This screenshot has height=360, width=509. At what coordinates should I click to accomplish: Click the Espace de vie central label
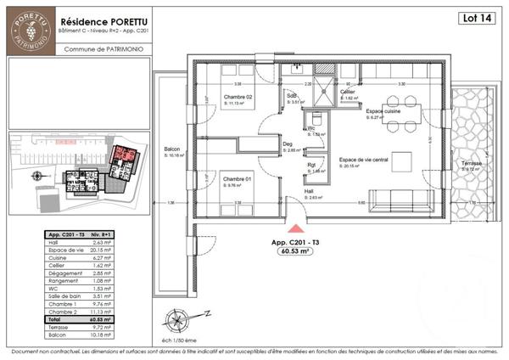tap(363, 160)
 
